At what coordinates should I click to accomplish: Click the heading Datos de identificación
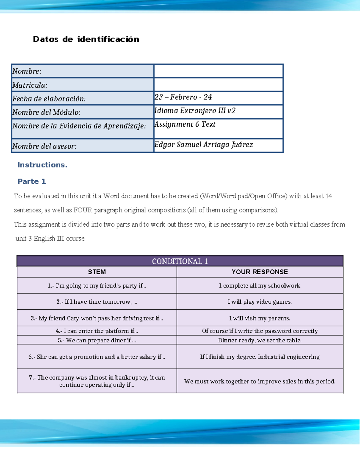point(86,39)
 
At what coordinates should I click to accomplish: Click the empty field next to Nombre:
point(218,71)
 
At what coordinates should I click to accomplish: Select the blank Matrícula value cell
point(218,85)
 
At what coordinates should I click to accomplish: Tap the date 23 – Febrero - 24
point(183,97)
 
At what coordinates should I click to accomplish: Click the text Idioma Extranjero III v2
point(195,111)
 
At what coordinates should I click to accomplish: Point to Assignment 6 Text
point(185,124)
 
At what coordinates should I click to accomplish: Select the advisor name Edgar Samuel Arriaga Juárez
point(203,145)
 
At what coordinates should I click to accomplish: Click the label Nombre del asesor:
point(44,146)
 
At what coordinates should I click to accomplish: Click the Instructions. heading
point(42,165)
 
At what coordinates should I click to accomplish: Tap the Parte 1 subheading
point(31,181)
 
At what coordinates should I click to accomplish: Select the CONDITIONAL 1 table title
point(180,261)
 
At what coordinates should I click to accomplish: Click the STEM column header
point(97,272)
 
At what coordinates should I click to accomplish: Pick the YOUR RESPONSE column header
point(259,272)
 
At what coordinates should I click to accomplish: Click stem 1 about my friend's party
point(97,286)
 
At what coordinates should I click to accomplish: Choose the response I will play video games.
point(259,302)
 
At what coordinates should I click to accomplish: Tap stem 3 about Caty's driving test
point(97,318)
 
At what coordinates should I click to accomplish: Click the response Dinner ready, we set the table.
point(259,340)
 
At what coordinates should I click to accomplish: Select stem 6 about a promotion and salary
point(97,357)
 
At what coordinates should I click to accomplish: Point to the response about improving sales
point(259,381)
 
